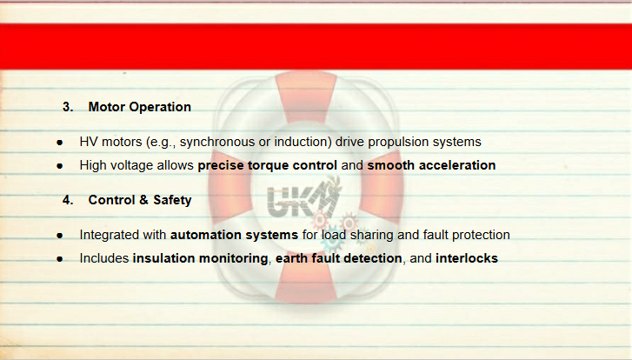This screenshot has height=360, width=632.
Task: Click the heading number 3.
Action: pyautogui.click(x=68, y=107)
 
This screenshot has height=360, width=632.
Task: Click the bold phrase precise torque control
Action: pyautogui.click(x=267, y=166)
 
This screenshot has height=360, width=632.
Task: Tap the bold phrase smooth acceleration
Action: pyautogui.click(x=431, y=165)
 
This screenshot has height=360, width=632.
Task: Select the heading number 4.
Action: pyautogui.click(x=68, y=200)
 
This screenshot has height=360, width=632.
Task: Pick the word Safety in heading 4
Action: pyautogui.click(x=172, y=201)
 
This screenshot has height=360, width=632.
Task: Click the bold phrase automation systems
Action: pyautogui.click(x=234, y=235)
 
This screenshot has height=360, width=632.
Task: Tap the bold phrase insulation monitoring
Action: pyautogui.click(x=200, y=258)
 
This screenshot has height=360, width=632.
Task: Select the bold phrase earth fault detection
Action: pyautogui.click(x=338, y=258)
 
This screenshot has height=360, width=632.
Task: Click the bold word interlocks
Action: pyautogui.click(x=467, y=258)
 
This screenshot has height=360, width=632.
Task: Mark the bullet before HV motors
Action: pyautogui.click(x=60, y=143)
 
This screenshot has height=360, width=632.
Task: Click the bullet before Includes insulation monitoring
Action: pyautogui.click(x=60, y=259)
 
